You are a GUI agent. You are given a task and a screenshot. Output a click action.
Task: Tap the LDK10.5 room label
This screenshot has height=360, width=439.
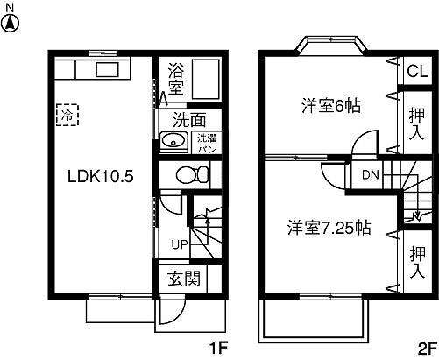tap(101, 175)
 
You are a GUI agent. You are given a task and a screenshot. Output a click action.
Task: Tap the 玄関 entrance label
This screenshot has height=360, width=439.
tap(183, 279)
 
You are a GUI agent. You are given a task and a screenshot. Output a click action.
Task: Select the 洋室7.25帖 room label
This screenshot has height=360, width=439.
tap(329, 229)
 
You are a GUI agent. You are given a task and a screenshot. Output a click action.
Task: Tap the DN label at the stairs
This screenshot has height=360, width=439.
tap(371, 174)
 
